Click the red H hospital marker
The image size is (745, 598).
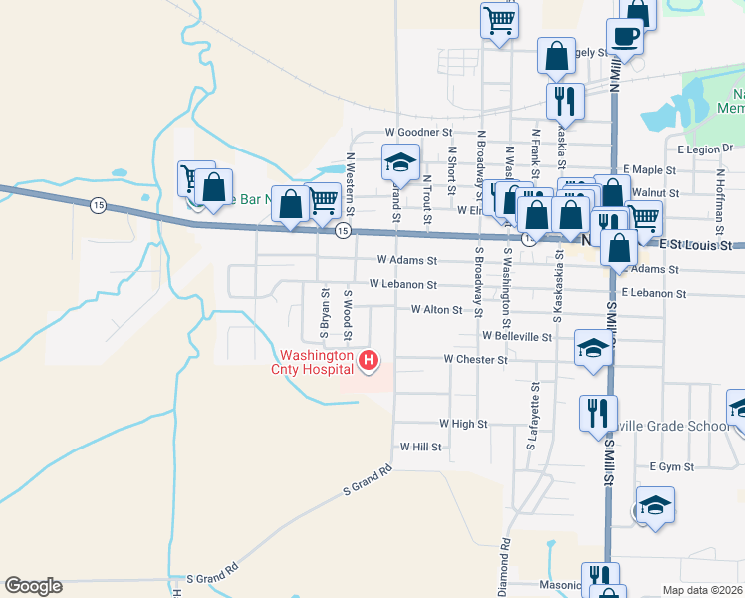[x=369, y=360]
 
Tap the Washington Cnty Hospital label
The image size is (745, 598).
[x=317, y=362]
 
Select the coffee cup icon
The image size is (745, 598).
[x=625, y=37]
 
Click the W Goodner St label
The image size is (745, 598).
[x=418, y=132]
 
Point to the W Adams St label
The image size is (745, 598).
[x=407, y=261]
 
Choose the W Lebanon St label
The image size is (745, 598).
[x=402, y=284]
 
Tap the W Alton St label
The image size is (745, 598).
[x=436, y=310]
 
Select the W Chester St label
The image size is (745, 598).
[x=476, y=359]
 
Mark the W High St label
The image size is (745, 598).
[x=462, y=424]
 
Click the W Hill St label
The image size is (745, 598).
[x=420, y=448]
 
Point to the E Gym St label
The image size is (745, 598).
[x=669, y=466]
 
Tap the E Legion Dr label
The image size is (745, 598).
[x=704, y=149]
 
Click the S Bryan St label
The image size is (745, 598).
[x=325, y=309]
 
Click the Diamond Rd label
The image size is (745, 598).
[x=505, y=562]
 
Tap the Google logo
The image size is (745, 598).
[x=33, y=586]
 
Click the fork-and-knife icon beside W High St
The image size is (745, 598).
[x=597, y=412]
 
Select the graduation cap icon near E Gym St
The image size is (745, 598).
[x=654, y=504]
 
